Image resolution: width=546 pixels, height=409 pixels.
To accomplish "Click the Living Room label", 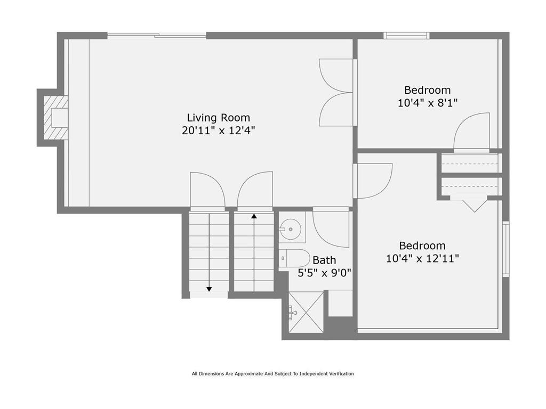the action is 218,118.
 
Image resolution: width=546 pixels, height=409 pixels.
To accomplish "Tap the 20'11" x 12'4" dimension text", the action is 218,131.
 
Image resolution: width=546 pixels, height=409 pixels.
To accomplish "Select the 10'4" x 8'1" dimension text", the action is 428,103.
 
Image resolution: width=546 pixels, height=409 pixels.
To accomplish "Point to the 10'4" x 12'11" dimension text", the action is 422,259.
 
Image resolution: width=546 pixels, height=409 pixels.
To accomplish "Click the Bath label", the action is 324,260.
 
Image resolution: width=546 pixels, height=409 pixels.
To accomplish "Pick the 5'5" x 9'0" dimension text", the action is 324,273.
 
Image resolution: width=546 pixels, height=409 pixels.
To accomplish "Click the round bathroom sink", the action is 291,229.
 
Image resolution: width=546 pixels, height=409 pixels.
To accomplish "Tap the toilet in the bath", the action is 294,258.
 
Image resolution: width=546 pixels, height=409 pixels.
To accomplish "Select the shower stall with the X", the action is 306,312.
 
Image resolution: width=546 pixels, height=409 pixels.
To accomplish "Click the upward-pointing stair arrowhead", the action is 254,216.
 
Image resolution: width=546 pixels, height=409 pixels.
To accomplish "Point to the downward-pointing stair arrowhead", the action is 209,289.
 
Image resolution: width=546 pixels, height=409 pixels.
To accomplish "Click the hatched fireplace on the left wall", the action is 55,118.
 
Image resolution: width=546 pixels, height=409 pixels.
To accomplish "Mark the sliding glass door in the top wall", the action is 157,35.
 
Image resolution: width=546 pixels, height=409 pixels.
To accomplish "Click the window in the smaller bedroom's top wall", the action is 406,36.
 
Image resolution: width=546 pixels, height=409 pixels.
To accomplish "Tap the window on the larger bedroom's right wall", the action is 505,249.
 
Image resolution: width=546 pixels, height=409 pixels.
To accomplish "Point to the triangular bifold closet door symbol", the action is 474,206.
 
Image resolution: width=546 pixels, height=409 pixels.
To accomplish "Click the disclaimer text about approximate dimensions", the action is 272,374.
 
